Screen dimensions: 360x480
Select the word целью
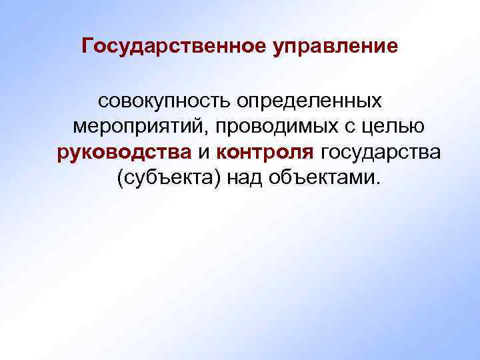pyautogui.click(x=393, y=127)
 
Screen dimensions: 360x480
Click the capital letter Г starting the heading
pyautogui.click(x=87, y=47)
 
